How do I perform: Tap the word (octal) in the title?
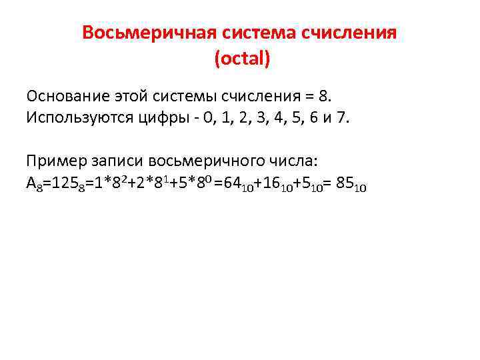[x=242, y=59]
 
